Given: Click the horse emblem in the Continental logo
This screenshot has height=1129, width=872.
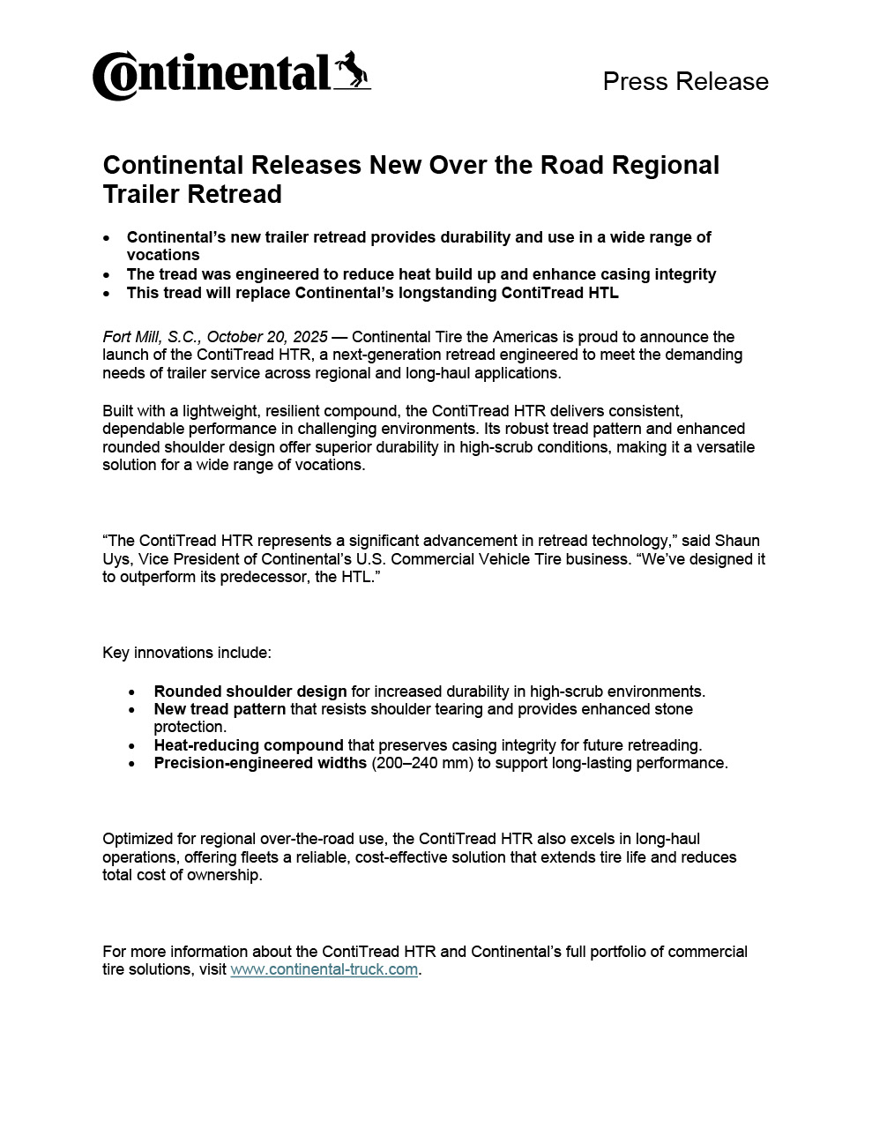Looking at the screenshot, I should pos(352,70).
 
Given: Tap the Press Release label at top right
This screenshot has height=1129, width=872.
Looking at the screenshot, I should pos(685,81).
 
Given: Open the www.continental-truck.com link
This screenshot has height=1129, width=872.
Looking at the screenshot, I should pos(324,969).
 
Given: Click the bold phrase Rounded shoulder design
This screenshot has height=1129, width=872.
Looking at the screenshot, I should pos(250,692).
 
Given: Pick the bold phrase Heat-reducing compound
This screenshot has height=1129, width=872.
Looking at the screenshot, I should pos(248,745).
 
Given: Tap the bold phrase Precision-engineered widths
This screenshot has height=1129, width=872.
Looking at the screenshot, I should pos(260,763).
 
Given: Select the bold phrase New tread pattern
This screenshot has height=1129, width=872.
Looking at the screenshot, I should pos(220,709).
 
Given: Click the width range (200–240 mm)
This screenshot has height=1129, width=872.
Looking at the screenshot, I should pos(422,763).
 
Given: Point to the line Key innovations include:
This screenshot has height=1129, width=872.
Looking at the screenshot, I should pos(187,653).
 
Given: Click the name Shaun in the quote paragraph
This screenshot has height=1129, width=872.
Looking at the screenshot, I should pos(737,541).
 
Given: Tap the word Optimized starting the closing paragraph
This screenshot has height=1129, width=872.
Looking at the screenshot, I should pos(137,839).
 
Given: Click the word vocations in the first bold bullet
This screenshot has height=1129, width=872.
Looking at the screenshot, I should pos(163,255).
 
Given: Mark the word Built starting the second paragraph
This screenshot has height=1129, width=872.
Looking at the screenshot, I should pos(118,411).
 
